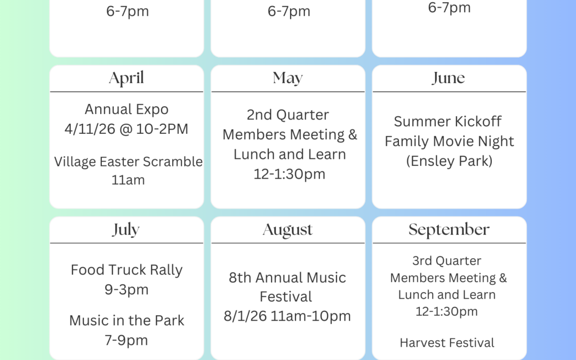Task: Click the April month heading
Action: click(126, 78)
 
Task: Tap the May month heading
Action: click(288, 78)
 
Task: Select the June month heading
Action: click(449, 78)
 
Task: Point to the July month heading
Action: click(126, 230)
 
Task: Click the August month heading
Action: click(288, 230)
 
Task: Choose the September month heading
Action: click(449, 230)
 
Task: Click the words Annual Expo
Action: click(126, 109)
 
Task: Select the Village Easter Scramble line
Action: click(128, 162)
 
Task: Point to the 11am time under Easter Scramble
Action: click(128, 180)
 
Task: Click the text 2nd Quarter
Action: click(288, 115)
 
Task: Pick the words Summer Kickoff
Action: click(448, 122)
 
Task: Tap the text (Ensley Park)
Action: click(449, 161)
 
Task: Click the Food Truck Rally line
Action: click(126, 270)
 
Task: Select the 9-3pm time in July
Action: click(126, 290)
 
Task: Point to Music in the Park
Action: click(126, 321)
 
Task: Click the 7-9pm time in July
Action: click(126, 340)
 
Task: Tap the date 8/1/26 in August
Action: click(245, 316)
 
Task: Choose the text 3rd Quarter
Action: click(447, 261)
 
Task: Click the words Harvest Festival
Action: click(447, 343)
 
